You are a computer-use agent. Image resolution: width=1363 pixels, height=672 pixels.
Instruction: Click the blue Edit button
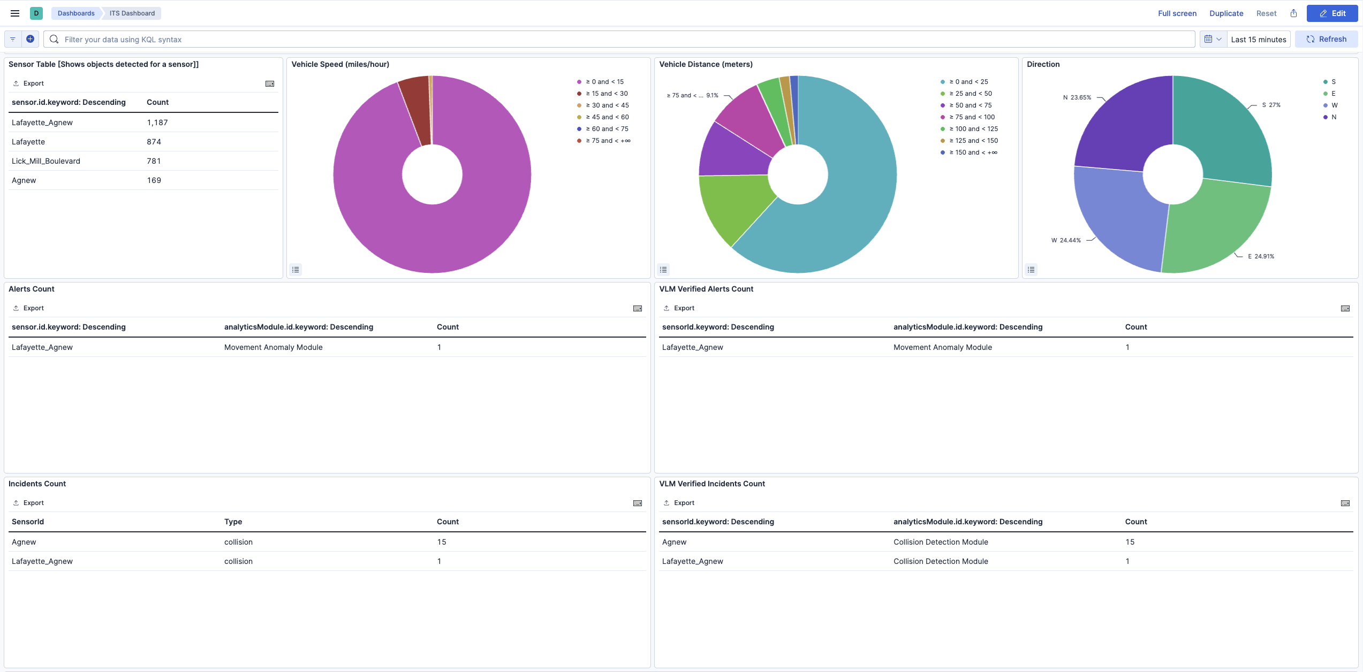(1332, 13)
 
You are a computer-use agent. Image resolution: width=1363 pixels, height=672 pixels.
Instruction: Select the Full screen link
(1177, 13)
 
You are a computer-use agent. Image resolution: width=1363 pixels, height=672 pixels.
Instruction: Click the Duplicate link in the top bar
(1226, 13)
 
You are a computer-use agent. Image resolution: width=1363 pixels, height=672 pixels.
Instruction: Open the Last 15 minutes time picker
(1258, 39)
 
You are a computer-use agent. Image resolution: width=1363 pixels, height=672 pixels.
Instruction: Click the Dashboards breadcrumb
(76, 13)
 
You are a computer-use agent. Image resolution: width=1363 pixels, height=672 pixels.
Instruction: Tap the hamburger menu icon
(15, 13)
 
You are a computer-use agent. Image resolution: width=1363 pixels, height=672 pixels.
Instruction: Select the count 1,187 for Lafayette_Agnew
(157, 123)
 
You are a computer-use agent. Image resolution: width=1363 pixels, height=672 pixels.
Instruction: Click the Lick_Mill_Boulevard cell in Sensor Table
(46, 161)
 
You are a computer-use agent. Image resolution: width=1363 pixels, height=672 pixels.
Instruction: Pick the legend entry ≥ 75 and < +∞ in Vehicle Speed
(608, 141)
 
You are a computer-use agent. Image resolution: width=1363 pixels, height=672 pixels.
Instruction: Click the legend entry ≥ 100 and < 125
(973, 129)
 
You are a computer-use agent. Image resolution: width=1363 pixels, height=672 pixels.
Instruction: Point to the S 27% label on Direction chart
(1271, 105)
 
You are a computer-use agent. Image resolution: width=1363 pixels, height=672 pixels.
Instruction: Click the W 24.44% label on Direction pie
(1066, 240)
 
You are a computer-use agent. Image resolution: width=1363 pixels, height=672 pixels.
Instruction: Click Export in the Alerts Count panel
(33, 308)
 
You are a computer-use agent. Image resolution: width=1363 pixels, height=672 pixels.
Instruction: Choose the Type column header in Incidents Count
(233, 522)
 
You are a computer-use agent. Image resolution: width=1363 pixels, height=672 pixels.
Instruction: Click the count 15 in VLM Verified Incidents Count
(1130, 542)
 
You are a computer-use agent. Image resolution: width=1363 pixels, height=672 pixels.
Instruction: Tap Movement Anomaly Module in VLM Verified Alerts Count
(942, 347)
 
